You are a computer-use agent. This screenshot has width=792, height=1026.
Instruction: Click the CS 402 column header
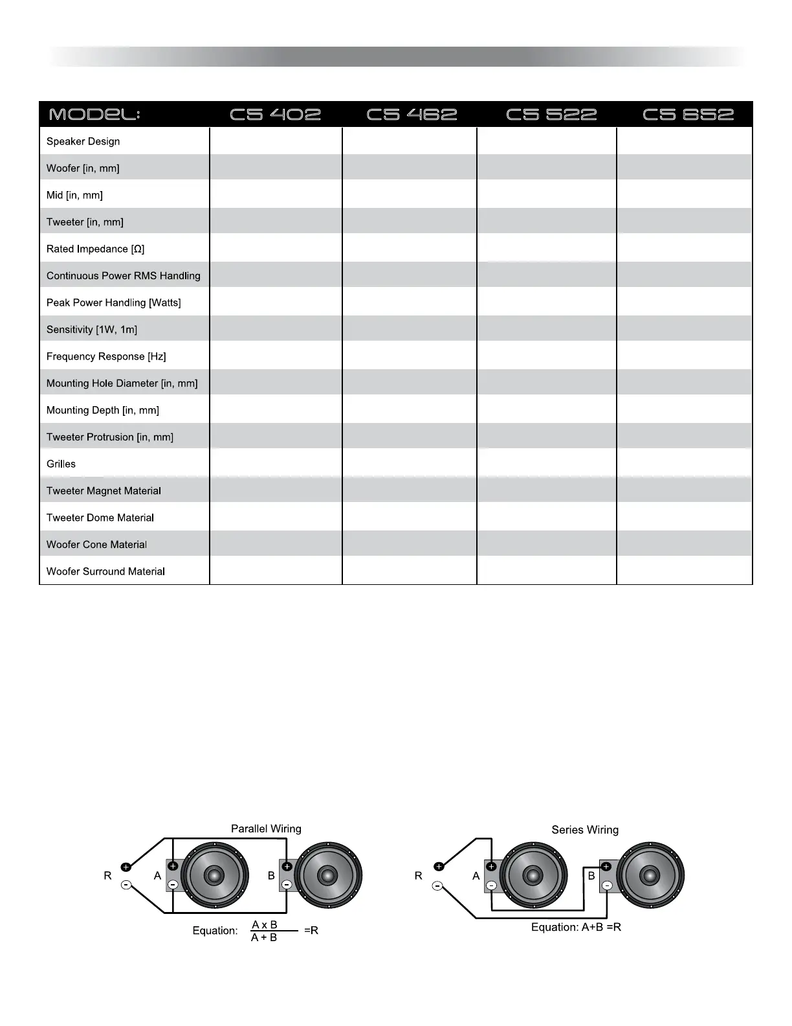pos(276,115)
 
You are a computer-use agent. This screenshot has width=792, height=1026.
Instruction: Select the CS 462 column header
pos(412,115)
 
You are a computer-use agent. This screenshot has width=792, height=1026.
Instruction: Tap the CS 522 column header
pos(551,115)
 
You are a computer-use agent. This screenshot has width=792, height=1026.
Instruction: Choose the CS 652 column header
pos(688,115)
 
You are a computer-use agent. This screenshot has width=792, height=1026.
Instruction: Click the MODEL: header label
pos(94,115)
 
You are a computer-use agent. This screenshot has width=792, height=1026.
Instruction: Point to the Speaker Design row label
pos(83,141)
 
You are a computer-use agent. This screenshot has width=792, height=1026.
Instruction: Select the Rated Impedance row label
pos(95,249)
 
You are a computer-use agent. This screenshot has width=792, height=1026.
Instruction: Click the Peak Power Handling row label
pos(113,302)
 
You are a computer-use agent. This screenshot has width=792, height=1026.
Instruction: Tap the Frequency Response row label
pos(106,356)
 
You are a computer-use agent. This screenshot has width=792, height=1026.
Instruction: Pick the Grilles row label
pos(61,464)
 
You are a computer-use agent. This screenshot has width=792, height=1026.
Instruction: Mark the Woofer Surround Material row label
pos(105,571)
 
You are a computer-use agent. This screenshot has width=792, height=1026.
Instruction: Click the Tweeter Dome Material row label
pos(100,518)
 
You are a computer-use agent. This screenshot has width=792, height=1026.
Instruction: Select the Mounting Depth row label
pos(103,410)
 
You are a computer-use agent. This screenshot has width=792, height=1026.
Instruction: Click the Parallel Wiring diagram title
pos(266,828)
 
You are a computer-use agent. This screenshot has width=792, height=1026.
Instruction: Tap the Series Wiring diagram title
pos(585,830)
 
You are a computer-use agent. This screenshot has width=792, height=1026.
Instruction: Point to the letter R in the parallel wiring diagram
pos(107,876)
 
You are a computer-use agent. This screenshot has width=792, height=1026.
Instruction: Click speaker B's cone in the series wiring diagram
pos(650,875)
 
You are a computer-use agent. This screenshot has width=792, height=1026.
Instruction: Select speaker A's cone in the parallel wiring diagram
pos(215,876)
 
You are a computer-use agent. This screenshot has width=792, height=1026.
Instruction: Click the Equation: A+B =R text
pos(576,927)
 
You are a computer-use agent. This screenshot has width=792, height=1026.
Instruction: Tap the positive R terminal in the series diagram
pos(439,867)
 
